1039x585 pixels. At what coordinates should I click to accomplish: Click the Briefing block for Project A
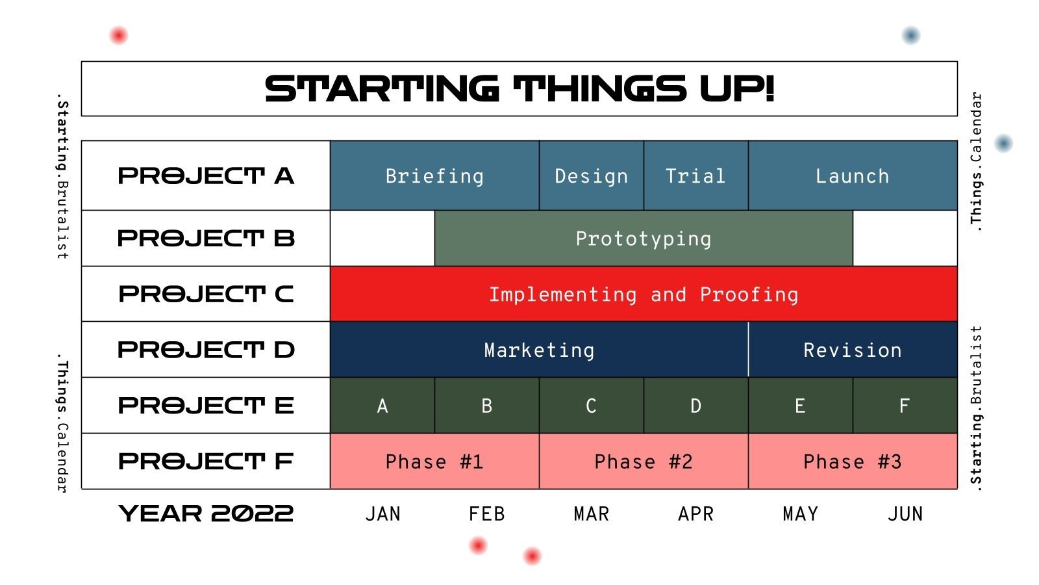[x=434, y=175]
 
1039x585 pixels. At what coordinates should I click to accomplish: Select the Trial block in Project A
[x=695, y=175]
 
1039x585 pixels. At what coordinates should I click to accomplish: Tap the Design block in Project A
[x=591, y=175]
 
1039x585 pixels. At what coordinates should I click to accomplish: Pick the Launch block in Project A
[x=852, y=175]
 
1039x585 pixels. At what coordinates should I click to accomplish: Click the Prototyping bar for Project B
[x=643, y=239]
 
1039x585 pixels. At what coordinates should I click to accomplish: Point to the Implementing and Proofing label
[x=643, y=294]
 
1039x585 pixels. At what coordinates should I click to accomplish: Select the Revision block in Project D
[x=852, y=350]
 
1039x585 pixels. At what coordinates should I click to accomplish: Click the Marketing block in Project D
[x=539, y=350]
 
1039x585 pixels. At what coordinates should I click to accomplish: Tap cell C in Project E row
[x=591, y=406]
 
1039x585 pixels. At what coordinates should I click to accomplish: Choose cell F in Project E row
[x=904, y=406]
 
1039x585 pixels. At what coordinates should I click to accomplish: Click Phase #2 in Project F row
[x=643, y=461]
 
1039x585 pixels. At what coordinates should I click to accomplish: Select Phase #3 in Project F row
[x=852, y=461]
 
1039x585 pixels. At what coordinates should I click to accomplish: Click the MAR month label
[x=591, y=514]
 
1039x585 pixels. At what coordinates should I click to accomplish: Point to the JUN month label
[x=905, y=514]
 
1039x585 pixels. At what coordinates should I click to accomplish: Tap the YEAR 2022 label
[x=206, y=513]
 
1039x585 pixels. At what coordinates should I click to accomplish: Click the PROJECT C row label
[x=206, y=294]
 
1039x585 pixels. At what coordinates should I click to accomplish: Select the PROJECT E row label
[x=206, y=406]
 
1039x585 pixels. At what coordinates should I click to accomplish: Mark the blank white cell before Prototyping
[x=382, y=239]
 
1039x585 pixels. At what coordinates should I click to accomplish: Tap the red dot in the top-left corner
[x=118, y=35]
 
